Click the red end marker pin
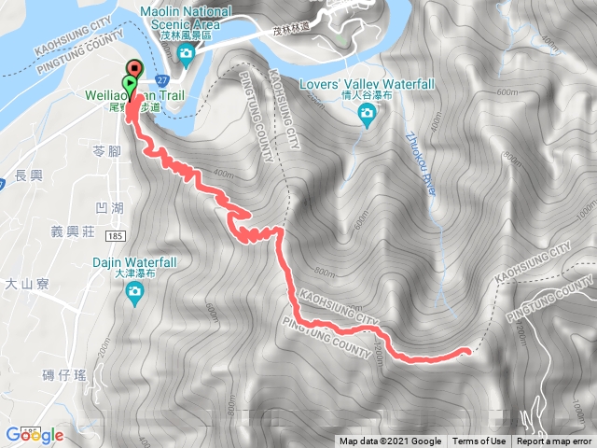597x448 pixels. click(x=134, y=68)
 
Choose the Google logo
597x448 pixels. click(x=34, y=435)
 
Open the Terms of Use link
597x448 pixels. click(x=479, y=441)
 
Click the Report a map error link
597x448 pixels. click(x=554, y=441)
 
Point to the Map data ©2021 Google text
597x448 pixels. click(x=391, y=441)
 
